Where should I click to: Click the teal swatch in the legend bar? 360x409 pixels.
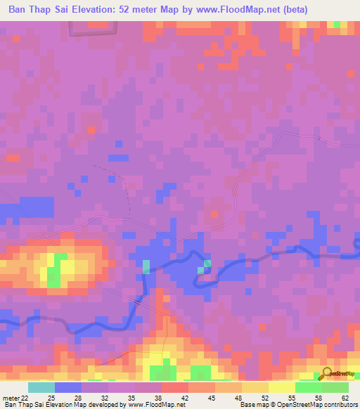41,388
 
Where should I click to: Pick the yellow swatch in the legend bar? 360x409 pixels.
281,388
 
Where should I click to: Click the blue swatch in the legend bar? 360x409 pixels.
68,388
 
